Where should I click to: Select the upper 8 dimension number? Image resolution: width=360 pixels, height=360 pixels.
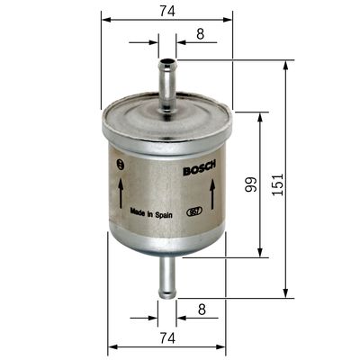tap(200, 33)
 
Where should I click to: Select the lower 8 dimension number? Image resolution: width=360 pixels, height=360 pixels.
tap(200, 309)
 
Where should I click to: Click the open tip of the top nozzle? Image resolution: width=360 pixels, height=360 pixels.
tap(167, 61)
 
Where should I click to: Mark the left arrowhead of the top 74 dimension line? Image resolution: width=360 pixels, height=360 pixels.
tap(104, 18)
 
